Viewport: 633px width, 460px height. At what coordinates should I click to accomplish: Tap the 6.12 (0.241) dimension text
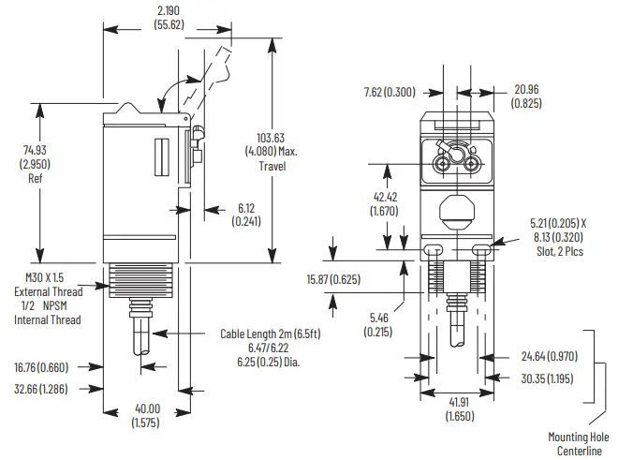(245, 215)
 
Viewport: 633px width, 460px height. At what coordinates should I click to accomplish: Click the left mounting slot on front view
(433, 250)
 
